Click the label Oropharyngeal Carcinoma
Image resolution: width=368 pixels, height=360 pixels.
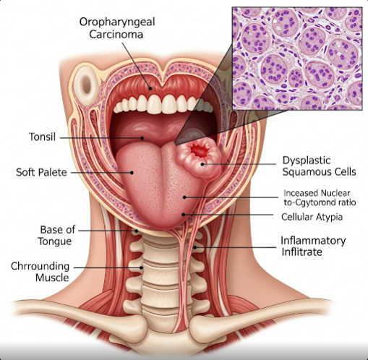click(117, 28)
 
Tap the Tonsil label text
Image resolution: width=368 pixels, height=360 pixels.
click(42, 137)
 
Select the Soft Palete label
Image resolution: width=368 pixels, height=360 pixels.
click(41, 173)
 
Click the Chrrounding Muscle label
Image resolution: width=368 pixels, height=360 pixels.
click(40, 272)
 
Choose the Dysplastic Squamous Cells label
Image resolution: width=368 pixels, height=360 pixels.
click(319, 166)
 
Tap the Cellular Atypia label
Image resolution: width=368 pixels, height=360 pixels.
click(312, 217)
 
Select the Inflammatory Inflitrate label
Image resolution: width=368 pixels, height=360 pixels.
click(313, 246)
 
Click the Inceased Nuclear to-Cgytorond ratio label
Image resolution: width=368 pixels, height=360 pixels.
click(320, 198)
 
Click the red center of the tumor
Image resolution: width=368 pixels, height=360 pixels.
click(200, 151)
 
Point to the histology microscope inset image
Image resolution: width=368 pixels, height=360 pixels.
click(297, 59)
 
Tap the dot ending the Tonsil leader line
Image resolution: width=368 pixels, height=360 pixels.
click(142, 138)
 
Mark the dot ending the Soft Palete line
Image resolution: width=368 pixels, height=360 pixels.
click(132, 173)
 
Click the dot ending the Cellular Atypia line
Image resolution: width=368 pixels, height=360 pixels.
click(184, 215)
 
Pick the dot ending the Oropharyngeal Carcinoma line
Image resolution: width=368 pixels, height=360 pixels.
click(150, 88)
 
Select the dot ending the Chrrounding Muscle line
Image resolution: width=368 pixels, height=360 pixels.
click(142, 267)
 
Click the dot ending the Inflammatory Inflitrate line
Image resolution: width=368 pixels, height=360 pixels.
click(194, 247)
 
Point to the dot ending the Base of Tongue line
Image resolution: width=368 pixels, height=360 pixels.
click(136, 231)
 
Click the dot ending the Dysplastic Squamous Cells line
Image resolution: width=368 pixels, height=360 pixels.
click(202, 164)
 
